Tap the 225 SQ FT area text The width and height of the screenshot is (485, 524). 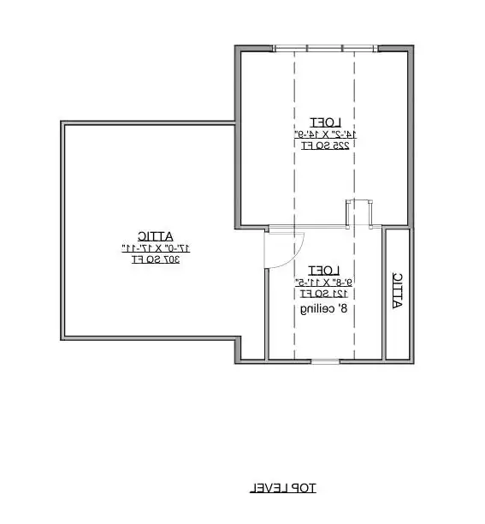tap(324, 146)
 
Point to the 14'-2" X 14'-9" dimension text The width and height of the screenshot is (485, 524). tap(324, 134)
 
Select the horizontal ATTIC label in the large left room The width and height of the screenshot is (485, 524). tap(154, 235)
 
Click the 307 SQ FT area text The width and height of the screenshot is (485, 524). tap(155, 258)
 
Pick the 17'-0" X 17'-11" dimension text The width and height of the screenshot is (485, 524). tap(155, 247)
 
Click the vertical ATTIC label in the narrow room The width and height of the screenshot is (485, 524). tap(396, 291)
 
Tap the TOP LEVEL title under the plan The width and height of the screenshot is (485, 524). tap(283, 488)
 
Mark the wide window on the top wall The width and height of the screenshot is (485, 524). tap(324, 49)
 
